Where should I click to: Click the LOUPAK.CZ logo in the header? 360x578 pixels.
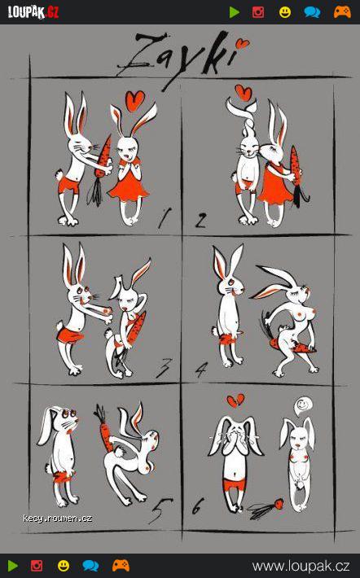[33, 12]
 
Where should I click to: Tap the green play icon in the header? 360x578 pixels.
[235, 12]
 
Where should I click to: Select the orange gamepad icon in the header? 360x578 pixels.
[342, 12]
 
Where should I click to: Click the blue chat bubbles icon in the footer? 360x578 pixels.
[90, 566]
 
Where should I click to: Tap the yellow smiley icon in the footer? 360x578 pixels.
[64, 566]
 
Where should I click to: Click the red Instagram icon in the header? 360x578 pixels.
[258, 12]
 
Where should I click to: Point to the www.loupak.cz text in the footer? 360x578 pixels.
[301, 566]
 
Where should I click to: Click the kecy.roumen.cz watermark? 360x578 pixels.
[57, 519]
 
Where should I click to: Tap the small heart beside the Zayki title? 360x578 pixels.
[243, 44]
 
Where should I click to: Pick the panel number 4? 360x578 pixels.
[201, 370]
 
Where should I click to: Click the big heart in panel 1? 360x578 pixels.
[134, 101]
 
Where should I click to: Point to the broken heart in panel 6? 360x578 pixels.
[235, 401]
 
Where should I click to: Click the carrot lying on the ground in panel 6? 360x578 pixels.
[266, 508]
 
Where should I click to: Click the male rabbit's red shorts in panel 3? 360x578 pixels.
[69, 335]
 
